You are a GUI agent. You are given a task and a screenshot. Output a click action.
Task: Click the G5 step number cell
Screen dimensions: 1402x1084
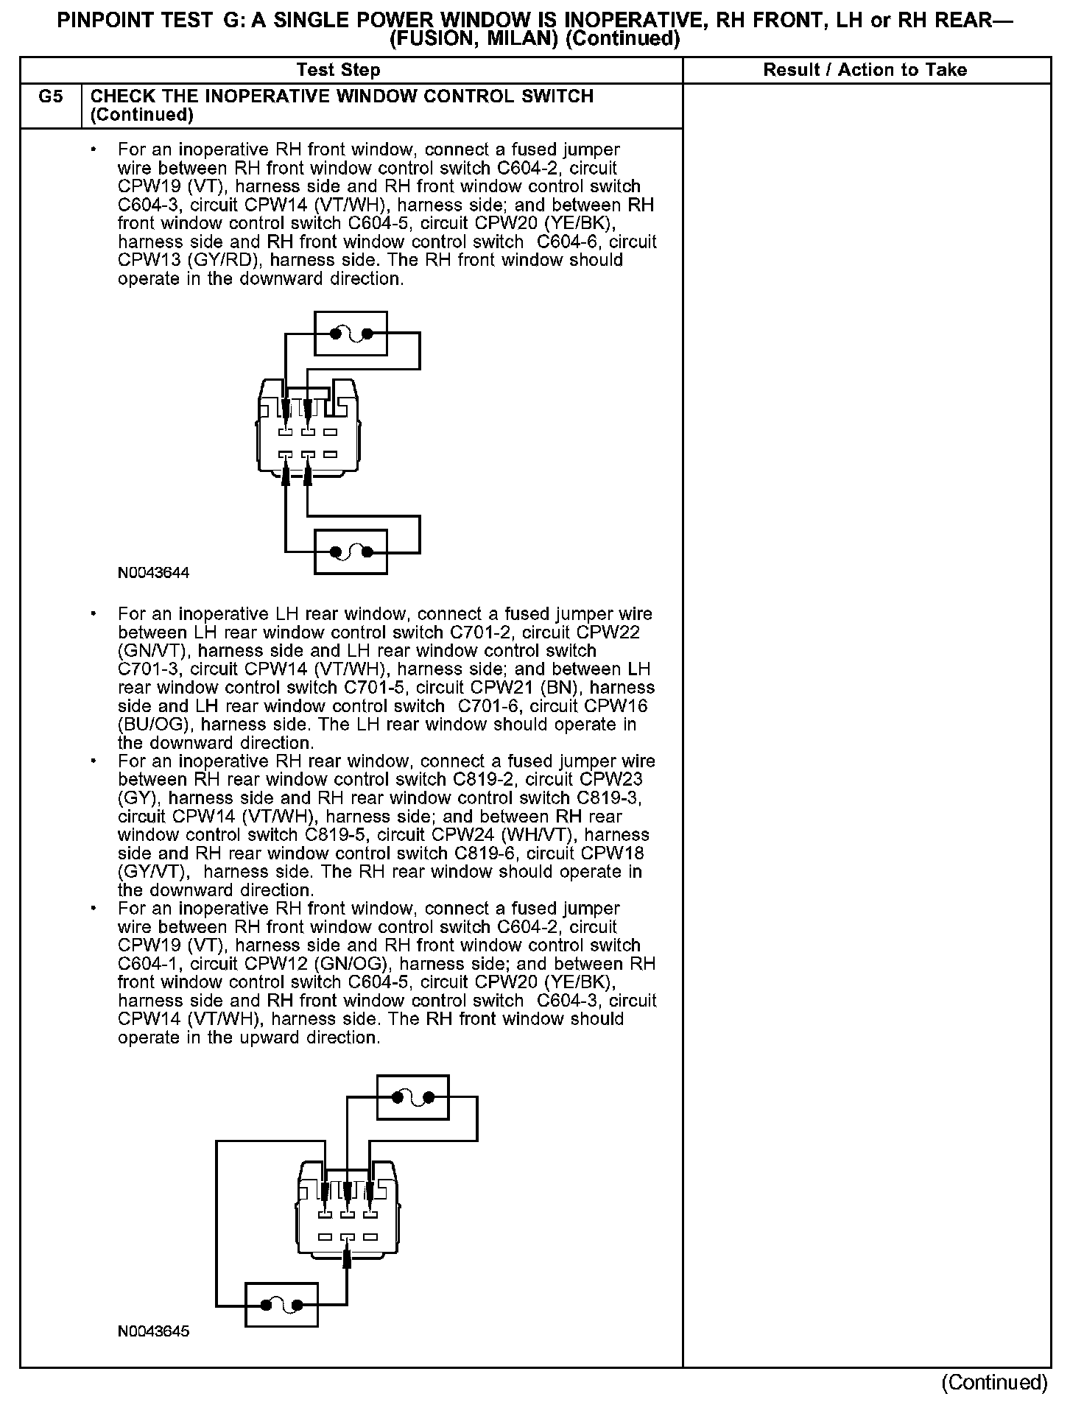[x=50, y=96]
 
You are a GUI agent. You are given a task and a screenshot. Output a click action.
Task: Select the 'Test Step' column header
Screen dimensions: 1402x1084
[x=338, y=70]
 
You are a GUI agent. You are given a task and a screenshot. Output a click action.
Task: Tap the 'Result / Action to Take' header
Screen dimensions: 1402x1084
[x=865, y=70]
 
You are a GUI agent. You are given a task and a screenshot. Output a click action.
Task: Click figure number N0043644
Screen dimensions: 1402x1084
[x=153, y=572]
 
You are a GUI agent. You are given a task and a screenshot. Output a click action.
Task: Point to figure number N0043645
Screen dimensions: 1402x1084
[x=153, y=1331]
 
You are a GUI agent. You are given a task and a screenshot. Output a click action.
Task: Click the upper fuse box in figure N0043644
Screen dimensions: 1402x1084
[x=351, y=334]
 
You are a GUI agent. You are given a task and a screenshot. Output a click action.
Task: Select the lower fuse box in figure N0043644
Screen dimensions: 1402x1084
[x=351, y=552]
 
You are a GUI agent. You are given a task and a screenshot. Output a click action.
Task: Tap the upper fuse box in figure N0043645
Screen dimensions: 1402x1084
[x=412, y=1098]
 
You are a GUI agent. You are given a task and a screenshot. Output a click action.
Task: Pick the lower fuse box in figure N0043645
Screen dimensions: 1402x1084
[x=281, y=1306]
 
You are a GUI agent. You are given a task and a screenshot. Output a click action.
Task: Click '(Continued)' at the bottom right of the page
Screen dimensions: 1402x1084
[x=994, y=1382]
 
